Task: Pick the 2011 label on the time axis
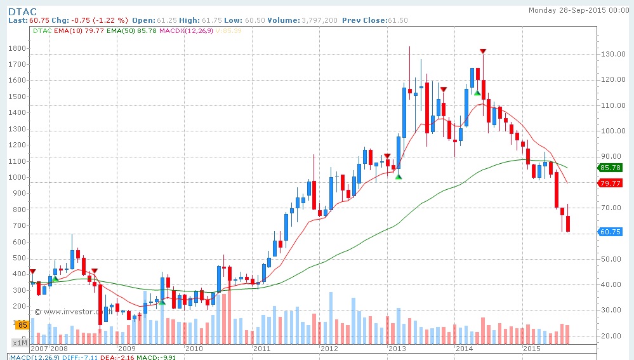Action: pos(261,349)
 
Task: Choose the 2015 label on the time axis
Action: pos(531,349)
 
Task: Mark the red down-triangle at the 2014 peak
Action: pos(483,51)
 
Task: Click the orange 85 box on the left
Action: pos(21,325)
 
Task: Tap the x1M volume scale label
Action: pos(20,343)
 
